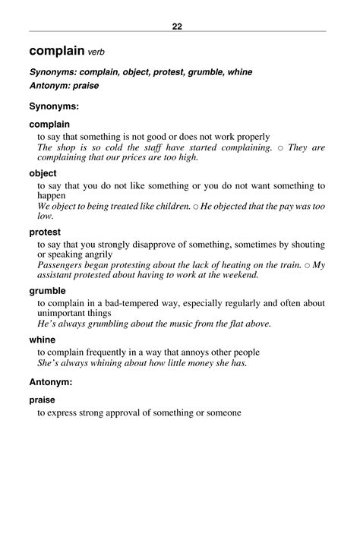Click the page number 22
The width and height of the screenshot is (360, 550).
(177, 27)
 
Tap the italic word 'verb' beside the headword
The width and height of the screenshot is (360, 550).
(96, 53)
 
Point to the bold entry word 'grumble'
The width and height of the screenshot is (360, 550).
(48, 290)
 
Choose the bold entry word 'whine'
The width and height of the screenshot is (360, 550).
(44, 340)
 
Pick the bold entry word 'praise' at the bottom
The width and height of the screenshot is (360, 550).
(45, 399)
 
